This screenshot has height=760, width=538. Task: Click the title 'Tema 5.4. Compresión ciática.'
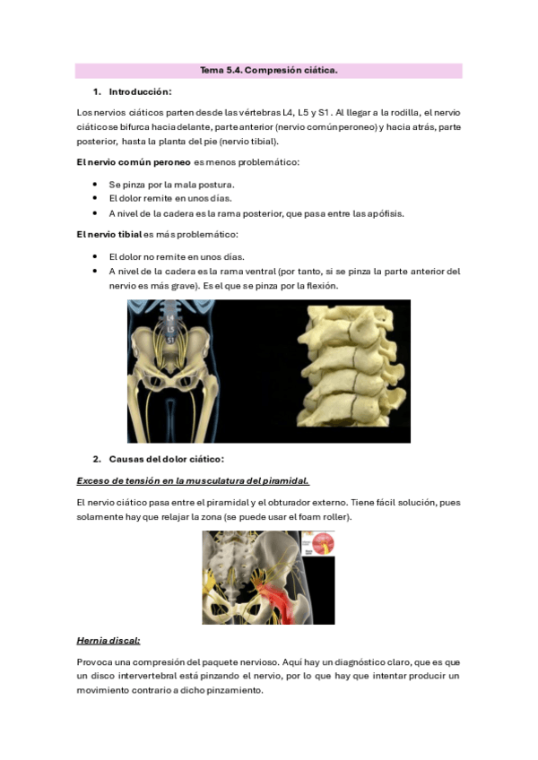pyautogui.click(x=268, y=71)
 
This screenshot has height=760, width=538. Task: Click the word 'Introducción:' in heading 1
pyautogui.click(x=140, y=91)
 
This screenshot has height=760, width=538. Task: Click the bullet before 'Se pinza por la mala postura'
pyautogui.click(x=95, y=184)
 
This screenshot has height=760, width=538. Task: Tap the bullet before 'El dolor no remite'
pyautogui.click(x=95, y=256)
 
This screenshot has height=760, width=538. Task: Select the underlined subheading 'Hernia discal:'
pyautogui.click(x=108, y=641)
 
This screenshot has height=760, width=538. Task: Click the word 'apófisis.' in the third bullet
pyautogui.click(x=384, y=213)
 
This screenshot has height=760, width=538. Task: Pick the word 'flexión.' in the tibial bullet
pyautogui.click(x=319, y=286)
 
